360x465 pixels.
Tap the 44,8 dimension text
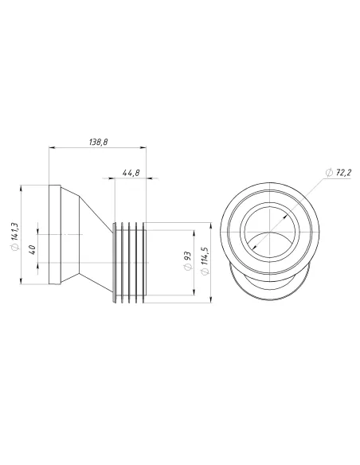[x=131, y=172]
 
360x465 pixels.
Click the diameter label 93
[x=186, y=260]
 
